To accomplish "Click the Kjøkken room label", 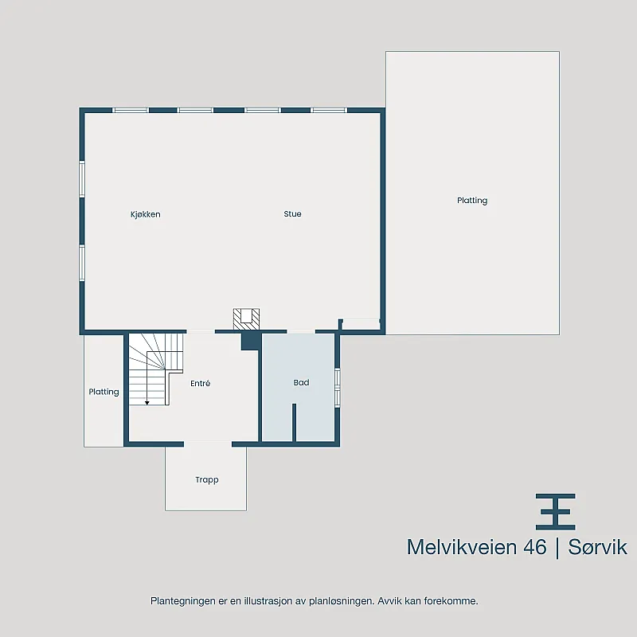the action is (x=146, y=214).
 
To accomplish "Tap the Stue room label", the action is (x=292, y=214).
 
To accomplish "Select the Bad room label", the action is (x=302, y=383).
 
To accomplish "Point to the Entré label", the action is (x=201, y=383).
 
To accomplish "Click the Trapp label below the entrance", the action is (x=207, y=480).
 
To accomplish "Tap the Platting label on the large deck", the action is (x=472, y=201).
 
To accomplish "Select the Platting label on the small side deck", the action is (x=104, y=392).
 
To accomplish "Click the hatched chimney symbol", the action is (x=246, y=319).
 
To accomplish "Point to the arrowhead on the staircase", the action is (x=147, y=403).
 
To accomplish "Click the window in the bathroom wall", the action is (x=337, y=387).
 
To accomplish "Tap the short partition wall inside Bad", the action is (x=294, y=422).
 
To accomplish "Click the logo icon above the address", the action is (x=555, y=512).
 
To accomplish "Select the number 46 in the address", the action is (x=535, y=547).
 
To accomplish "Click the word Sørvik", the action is (x=598, y=547).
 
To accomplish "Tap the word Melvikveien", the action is (x=463, y=547).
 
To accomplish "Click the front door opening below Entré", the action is (x=208, y=444).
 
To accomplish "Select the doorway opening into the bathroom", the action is (x=301, y=332).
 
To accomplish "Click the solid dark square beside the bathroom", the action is (x=251, y=342).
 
